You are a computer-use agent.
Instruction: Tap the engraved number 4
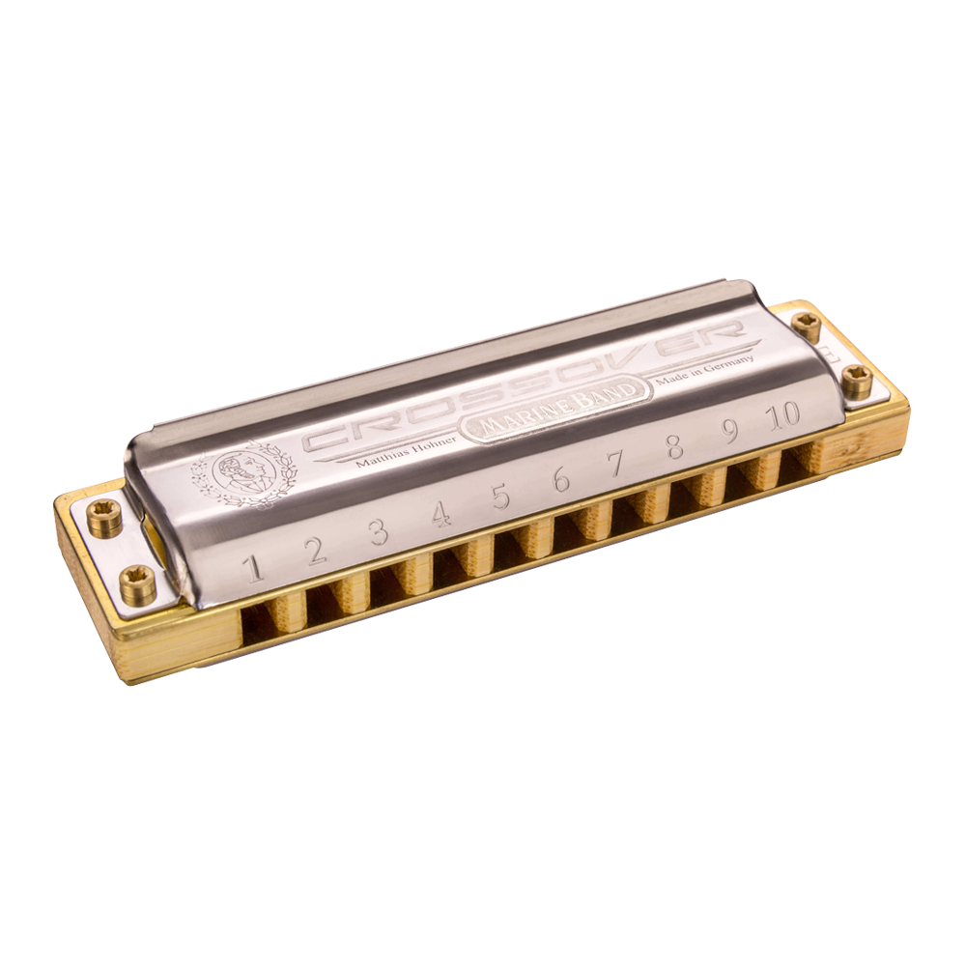point(440,513)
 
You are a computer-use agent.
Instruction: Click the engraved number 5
point(501,496)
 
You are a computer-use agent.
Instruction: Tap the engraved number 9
point(730,431)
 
